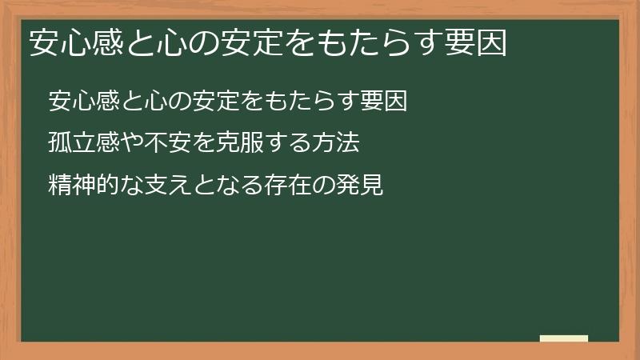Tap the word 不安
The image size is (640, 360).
click(167, 143)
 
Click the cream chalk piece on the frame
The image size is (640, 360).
click(563, 339)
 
